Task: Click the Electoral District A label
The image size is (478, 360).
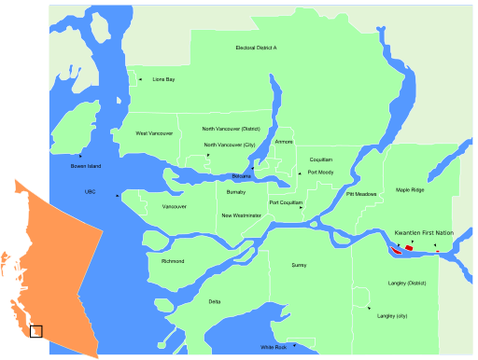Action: tap(256, 48)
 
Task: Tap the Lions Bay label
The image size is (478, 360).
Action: tap(163, 80)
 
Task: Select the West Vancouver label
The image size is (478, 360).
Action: tap(154, 133)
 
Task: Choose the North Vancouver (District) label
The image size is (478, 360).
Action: tap(231, 129)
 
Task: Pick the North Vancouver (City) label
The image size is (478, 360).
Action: tap(230, 145)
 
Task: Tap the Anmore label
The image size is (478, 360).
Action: tap(284, 142)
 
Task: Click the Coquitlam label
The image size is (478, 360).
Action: tap(321, 159)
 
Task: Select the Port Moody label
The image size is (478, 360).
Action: tap(321, 173)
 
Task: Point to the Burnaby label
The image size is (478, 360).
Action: tap(236, 191)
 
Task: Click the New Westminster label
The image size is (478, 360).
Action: tap(241, 215)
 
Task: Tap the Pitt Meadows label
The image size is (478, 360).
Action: tap(361, 194)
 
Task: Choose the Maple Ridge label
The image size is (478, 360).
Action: tap(410, 189)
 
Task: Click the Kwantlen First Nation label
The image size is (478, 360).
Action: tap(424, 232)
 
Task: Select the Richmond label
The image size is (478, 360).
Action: tap(173, 261)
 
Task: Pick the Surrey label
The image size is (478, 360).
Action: tap(299, 265)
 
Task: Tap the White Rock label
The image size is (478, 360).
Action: tap(274, 347)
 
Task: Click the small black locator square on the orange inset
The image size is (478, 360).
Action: tap(36, 330)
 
